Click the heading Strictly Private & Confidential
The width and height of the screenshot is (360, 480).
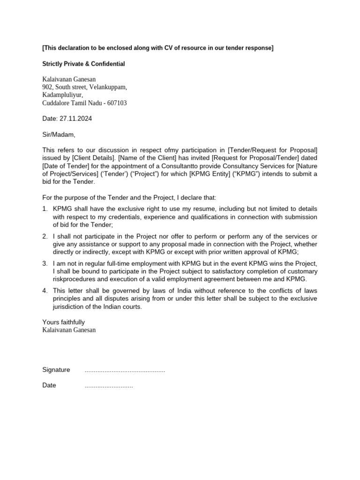83,64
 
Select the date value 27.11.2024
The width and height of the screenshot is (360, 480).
76,119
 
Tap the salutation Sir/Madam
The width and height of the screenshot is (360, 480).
59,135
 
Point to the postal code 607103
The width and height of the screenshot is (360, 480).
116,103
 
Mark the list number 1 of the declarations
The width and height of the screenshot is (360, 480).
45,208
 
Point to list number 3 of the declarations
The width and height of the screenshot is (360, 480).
45,263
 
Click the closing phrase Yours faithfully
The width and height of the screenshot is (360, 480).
64,322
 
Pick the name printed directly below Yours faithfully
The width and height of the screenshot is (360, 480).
69,330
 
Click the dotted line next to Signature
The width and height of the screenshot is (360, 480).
125,370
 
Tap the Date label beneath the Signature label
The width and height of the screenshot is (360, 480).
49,385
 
